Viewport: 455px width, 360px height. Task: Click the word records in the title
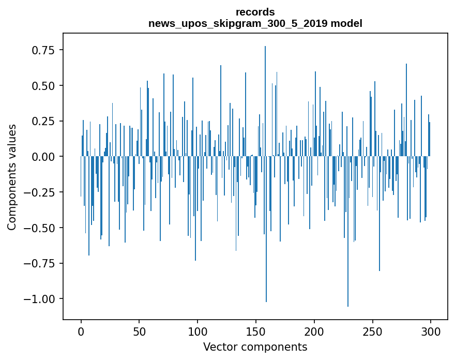(255, 11)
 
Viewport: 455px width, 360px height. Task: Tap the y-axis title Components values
(12, 177)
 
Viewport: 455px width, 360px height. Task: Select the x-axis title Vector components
(255, 347)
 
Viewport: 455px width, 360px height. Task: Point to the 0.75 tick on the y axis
(43, 50)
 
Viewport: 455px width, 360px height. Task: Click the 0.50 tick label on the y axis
(43, 85)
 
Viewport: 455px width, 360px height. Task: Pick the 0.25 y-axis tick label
(43, 121)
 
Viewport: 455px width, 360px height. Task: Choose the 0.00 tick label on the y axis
(43, 156)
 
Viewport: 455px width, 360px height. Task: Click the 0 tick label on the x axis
(81, 332)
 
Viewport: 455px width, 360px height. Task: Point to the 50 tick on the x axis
(139, 332)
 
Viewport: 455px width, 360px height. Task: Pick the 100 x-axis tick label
(198, 332)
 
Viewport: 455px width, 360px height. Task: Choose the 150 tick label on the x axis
(256, 332)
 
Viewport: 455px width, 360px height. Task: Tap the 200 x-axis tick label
(314, 332)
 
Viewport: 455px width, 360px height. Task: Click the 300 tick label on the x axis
(431, 332)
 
